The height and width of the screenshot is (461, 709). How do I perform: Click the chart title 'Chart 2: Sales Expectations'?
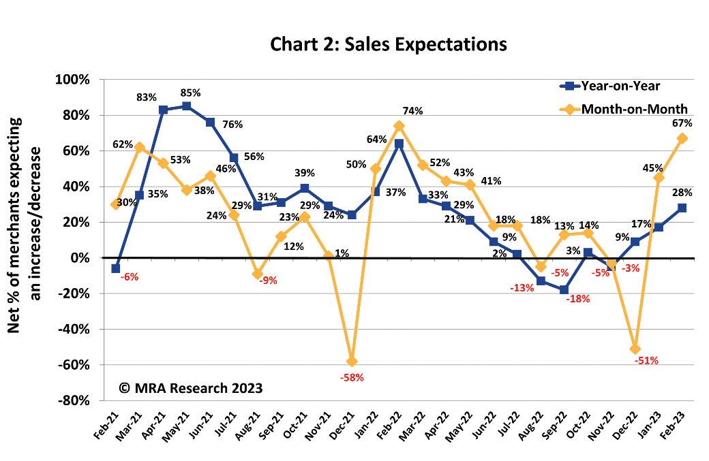pyautogui.click(x=389, y=44)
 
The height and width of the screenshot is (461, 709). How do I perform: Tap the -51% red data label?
pyautogui.click(x=646, y=361)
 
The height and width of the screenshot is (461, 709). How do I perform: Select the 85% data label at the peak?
pyautogui.click(x=189, y=92)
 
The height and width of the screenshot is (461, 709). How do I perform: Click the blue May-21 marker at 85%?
pyautogui.click(x=186, y=106)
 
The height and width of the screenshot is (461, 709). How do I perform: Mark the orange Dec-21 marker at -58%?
pyautogui.click(x=352, y=361)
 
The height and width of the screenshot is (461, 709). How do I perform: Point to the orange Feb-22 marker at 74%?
pyautogui.click(x=399, y=126)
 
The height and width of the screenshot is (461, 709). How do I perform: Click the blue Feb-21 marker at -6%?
pyautogui.click(x=115, y=268)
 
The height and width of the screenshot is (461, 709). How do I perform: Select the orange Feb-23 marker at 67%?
pyautogui.click(x=682, y=138)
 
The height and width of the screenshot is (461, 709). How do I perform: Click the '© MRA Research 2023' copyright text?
pyautogui.click(x=191, y=387)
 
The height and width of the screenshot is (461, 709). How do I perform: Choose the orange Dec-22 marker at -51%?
pyautogui.click(x=635, y=349)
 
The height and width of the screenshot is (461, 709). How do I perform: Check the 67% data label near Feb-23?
pyautogui.click(x=682, y=123)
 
